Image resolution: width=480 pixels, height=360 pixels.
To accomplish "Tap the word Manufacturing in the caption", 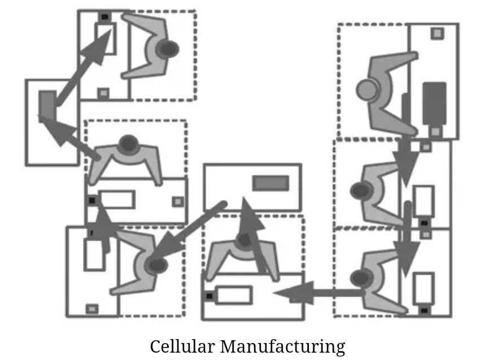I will [282, 346].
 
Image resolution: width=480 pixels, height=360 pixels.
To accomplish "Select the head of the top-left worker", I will [167, 49].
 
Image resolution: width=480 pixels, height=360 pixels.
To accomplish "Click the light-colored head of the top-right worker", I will [368, 90].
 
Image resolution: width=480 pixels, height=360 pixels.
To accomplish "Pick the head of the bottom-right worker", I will [360, 278].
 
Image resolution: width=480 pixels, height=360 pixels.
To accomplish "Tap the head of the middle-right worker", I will [360, 191].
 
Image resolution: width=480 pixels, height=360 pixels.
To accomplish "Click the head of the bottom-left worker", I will [156, 265].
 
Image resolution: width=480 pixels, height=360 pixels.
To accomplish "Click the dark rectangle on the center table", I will [270, 183].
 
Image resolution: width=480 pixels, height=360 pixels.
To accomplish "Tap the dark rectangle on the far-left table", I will [47, 106].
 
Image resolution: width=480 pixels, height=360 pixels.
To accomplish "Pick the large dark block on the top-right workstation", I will [434, 103].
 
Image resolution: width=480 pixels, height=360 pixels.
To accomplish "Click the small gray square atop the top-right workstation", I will [437, 33].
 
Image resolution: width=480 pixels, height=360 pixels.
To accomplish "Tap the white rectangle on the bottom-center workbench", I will [233, 294].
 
